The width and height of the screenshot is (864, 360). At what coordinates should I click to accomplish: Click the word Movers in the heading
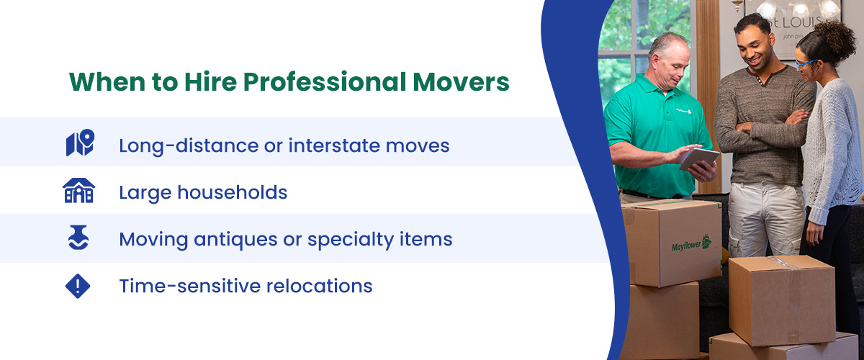(x=461, y=82)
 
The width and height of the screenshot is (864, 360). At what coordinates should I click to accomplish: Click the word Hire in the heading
(x=210, y=81)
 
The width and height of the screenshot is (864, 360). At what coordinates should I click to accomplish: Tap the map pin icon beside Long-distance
(x=80, y=143)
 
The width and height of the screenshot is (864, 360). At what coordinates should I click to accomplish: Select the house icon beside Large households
(x=78, y=190)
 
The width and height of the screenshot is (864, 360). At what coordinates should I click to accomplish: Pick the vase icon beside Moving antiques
(x=78, y=238)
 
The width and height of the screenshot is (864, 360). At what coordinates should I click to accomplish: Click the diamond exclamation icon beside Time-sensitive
(x=78, y=286)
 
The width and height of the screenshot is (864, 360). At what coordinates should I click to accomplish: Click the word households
(x=232, y=192)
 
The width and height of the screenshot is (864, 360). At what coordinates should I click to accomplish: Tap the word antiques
(x=235, y=240)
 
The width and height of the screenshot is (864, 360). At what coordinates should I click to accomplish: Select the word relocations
(x=320, y=286)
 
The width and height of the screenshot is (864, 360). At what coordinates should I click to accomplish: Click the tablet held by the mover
(x=699, y=159)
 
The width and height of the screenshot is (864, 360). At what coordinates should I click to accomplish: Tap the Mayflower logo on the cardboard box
(x=691, y=244)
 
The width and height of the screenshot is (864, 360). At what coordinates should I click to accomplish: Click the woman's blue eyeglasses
(x=806, y=64)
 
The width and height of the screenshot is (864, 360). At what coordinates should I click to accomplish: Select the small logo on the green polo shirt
(x=684, y=111)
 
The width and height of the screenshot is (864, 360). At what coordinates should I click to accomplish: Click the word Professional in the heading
(x=325, y=82)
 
